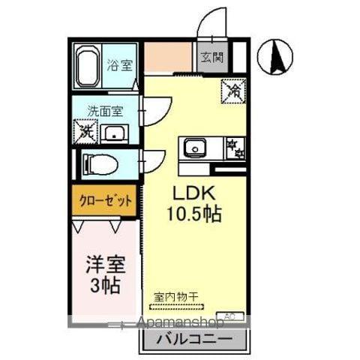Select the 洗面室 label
(106, 109)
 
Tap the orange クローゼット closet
(105, 201)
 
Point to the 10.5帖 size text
(193, 214)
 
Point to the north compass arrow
(274, 55)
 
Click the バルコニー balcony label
(194, 339)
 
